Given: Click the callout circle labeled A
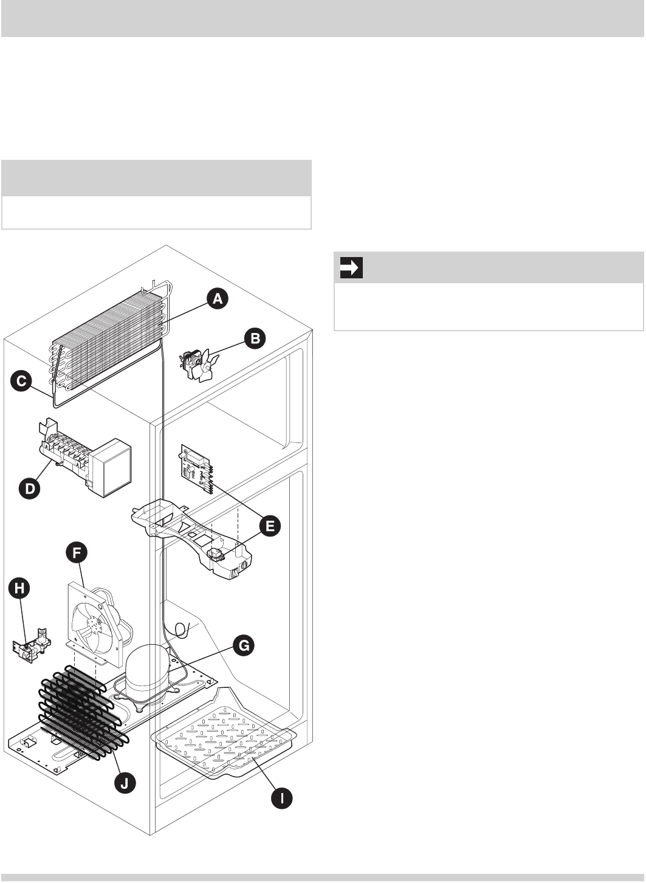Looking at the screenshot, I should [217, 299].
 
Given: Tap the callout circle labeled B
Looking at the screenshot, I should [255, 338].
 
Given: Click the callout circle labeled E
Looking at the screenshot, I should [270, 525].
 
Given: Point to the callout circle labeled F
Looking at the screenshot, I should [77, 553].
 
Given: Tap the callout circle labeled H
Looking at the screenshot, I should [21, 587].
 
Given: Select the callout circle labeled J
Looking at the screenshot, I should [125, 783].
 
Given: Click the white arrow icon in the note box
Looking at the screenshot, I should [351, 267].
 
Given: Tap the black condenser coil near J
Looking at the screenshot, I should [82, 714].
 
